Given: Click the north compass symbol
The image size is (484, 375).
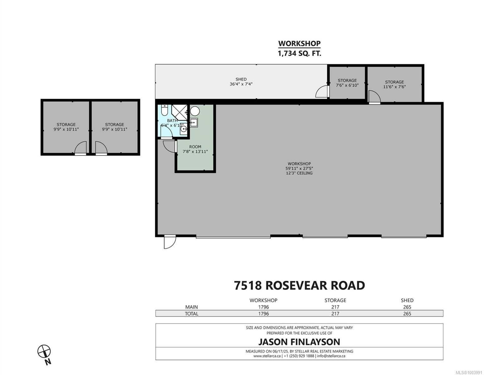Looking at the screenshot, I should click(44, 351).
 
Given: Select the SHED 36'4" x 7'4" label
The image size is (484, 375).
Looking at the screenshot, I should click(241, 82).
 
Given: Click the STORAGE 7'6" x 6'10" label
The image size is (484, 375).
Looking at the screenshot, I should click(347, 83).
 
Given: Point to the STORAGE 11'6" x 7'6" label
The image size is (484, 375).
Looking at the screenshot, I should click(394, 84).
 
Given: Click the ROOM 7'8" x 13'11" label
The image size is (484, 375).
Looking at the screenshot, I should click(195, 149).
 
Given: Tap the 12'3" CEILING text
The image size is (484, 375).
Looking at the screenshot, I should click(299, 173).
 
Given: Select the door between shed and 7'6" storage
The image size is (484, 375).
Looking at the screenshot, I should click(322, 92).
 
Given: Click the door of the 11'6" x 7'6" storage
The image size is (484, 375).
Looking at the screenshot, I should click(374, 97).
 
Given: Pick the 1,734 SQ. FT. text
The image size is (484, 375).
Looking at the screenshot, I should click(299, 53).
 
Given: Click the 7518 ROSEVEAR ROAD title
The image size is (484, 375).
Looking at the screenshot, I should click(299, 285).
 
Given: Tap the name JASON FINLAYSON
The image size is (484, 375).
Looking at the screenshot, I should click(299, 342).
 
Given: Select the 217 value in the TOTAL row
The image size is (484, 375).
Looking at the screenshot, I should click(335, 313).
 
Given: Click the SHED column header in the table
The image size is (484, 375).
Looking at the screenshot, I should click(407, 300).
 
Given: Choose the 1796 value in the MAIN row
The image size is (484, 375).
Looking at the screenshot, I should click(263, 307).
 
